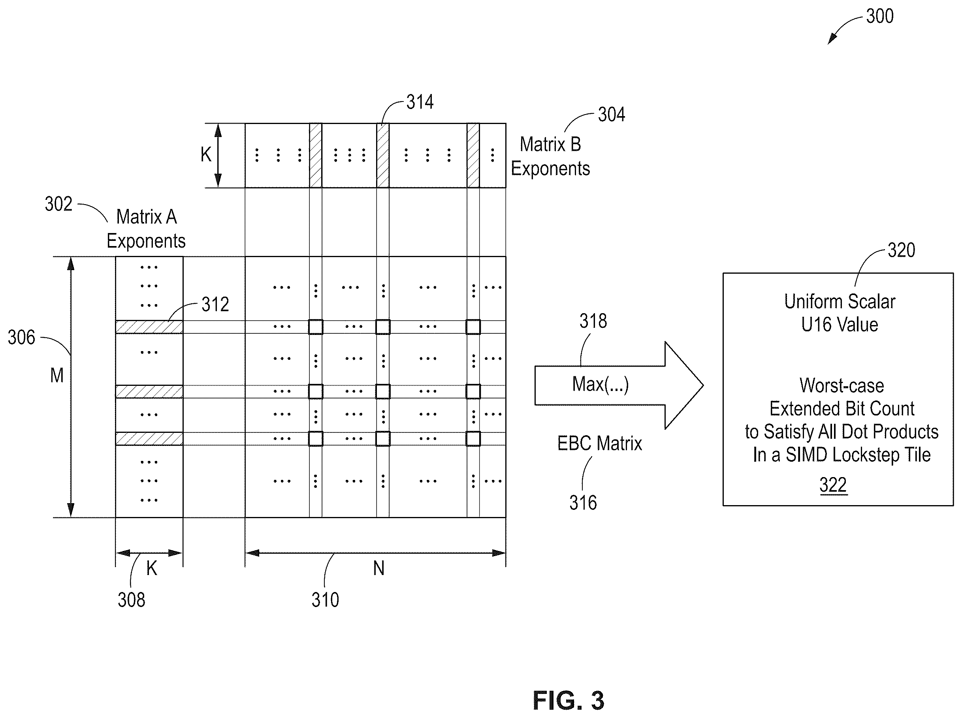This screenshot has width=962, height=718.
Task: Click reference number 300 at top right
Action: point(879,17)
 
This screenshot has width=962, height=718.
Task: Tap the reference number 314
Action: point(420,102)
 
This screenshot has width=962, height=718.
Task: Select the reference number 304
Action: point(611,115)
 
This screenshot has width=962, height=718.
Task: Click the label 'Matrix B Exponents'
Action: point(550,156)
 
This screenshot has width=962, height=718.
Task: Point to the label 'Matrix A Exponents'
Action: point(146,229)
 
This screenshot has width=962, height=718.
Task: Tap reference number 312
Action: point(215,304)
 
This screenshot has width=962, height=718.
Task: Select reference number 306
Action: point(21,338)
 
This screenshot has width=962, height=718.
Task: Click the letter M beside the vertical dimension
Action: point(57,376)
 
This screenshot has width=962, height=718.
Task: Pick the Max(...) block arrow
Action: point(619,385)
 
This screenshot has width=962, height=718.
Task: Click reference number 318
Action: point(593,321)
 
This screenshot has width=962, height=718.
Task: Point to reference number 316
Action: point(583,503)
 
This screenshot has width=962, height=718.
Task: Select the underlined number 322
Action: point(833,485)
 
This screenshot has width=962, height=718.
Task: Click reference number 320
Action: point(901,250)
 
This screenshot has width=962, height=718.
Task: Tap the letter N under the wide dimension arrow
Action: point(378,568)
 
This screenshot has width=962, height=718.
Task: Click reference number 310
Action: point(325,600)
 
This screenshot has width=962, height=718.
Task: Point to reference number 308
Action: point(131,600)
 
